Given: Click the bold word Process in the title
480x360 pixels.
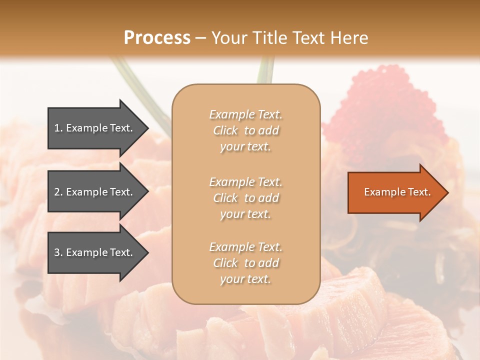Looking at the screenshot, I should (x=157, y=37).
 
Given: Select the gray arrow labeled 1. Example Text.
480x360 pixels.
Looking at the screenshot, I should (x=95, y=128).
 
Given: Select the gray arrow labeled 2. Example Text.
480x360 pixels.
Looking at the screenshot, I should (x=95, y=192).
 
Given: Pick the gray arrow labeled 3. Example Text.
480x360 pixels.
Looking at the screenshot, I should (x=95, y=252).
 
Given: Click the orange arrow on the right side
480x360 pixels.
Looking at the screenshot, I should (x=395, y=192).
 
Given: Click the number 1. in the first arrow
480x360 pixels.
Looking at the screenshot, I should (x=58, y=128).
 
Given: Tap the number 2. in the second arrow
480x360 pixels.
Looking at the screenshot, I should (x=58, y=192).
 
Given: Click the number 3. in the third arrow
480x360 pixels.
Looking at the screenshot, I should (x=58, y=252).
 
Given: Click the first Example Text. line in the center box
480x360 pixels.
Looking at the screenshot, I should (x=245, y=114).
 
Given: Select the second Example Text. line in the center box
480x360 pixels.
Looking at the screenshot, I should (x=245, y=182).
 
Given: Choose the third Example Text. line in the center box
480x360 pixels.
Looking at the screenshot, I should (x=245, y=247).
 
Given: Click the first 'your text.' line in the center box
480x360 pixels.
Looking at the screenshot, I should (x=245, y=147).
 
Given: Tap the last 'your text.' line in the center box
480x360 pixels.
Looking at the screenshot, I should (x=245, y=279).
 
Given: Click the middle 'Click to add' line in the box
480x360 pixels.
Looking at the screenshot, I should (x=245, y=198).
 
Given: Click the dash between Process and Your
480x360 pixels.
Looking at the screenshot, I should (x=201, y=38).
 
